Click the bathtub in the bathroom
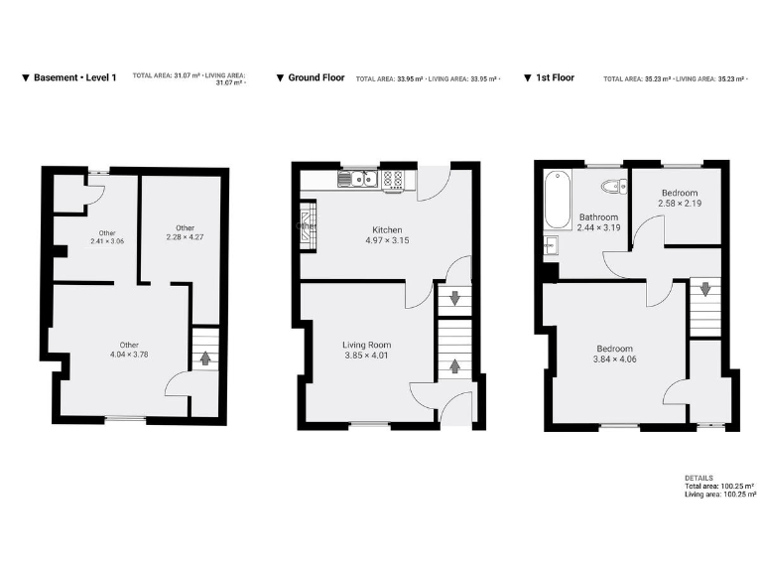(557, 198)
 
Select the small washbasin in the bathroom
(549, 248)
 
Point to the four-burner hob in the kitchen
(393, 179)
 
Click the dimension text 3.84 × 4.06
(615, 360)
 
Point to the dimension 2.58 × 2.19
(679, 204)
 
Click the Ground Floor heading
(316, 77)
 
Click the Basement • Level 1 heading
(74, 77)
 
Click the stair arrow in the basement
(204, 357)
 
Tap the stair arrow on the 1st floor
(704, 290)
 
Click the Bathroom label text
(599, 217)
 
